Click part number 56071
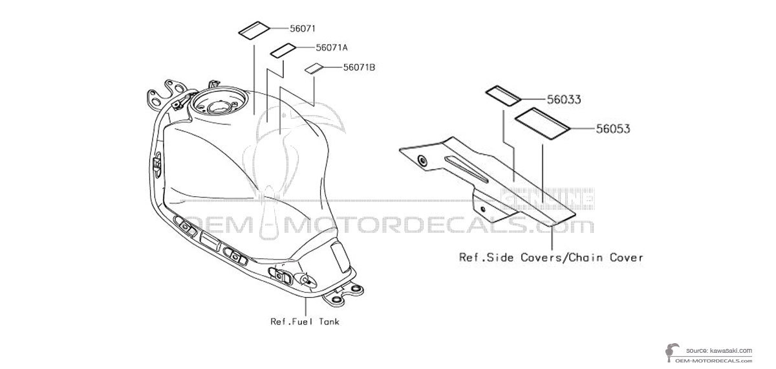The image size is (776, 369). coord(303,28)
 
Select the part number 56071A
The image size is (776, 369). coord(332,47)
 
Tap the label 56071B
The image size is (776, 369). coord(359,67)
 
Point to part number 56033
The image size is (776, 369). coord(564,100)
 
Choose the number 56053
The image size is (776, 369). coord(613,129)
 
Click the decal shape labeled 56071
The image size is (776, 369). coord(254,30)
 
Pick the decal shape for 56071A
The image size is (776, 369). coord(283,50)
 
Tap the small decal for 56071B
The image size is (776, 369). coord(314,69)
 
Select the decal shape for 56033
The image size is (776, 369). coord(502,96)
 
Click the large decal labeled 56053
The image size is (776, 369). coord(542,124)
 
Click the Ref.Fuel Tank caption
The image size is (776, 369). coord(305,322)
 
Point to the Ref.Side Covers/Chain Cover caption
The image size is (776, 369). coord(551,258)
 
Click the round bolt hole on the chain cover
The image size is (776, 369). coord(422,161)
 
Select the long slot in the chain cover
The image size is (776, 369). coord(466,170)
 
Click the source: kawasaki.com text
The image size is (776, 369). coord(719,351)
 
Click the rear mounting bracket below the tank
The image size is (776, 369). coord(343,295)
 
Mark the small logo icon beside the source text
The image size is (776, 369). coord(671,353)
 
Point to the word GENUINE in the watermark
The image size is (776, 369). coord(548,199)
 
